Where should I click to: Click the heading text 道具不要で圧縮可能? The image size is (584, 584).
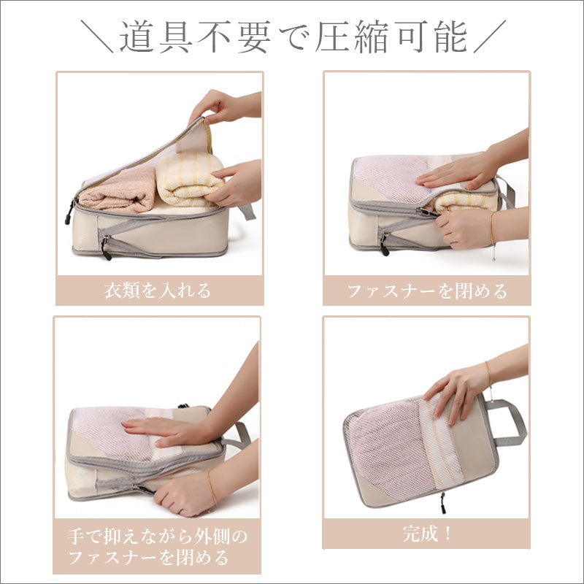(293, 37)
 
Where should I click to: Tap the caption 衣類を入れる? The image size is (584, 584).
(158, 291)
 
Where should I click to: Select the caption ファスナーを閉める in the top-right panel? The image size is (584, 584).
(427, 291)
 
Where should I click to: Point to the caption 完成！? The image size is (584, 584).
(427, 534)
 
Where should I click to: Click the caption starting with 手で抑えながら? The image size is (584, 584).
(157, 547)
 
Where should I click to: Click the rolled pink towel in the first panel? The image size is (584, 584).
(118, 190)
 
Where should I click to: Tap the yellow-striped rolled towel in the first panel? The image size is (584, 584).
(190, 179)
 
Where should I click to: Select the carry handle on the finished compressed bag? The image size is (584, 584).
(507, 423)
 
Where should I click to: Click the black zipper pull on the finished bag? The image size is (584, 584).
(443, 503)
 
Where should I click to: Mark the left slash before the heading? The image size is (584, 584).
(97, 36)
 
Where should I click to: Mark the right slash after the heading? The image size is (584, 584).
(490, 36)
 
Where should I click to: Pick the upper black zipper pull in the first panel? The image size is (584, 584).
(69, 212)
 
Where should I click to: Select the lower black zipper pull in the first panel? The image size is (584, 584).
(105, 248)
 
